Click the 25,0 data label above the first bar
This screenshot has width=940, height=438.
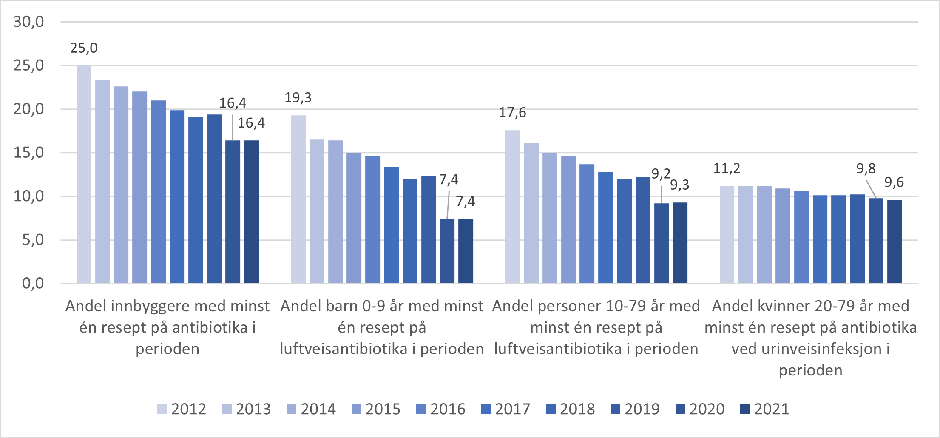(x=84, y=48)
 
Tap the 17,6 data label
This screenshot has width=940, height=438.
(x=512, y=113)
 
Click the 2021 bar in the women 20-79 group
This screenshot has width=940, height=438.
(x=894, y=241)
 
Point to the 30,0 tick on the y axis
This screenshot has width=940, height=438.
(x=28, y=22)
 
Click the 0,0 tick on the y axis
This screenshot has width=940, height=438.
(x=33, y=283)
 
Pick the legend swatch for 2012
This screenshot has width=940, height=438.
(x=162, y=409)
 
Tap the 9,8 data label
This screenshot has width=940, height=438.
(x=866, y=169)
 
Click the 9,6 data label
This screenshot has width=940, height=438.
(x=894, y=182)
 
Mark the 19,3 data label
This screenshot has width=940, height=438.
(x=298, y=98)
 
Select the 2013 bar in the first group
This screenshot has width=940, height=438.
(x=102, y=181)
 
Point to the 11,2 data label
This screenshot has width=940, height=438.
(x=727, y=168)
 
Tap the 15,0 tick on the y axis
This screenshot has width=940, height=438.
(x=28, y=153)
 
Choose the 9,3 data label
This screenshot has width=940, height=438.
(x=680, y=185)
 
